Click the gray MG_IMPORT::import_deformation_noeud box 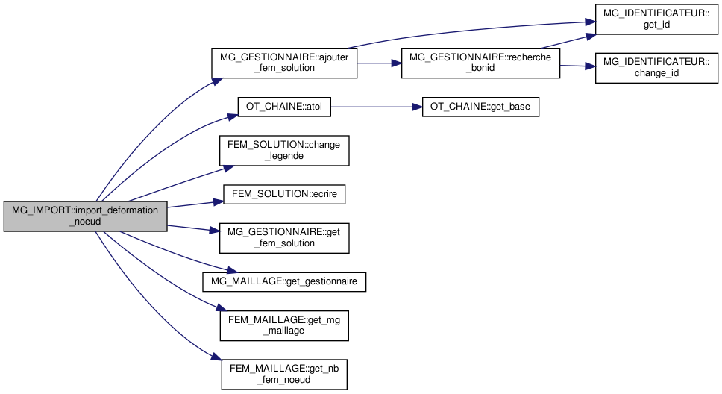[x=84, y=216]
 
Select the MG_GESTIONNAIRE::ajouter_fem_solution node [x=284, y=63]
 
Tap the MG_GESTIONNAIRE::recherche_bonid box [x=480, y=63]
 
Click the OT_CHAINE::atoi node [x=283, y=107]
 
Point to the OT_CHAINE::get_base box [x=480, y=107]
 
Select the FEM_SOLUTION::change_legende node [x=284, y=150]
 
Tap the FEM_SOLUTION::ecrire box [x=284, y=194]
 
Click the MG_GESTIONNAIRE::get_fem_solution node [x=284, y=237]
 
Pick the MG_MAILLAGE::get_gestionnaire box [x=284, y=281]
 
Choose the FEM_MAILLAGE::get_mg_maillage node [x=284, y=325]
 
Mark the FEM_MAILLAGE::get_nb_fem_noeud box [x=284, y=373]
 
